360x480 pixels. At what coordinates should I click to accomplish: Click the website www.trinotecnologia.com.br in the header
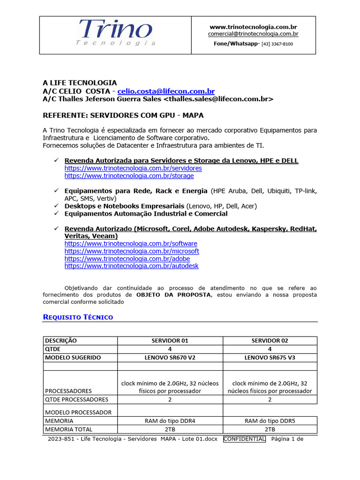click(x=253, y=27)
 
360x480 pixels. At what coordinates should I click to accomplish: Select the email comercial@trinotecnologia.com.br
click(x=253, y=34)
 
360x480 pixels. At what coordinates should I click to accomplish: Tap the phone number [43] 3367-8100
click(x=277, y=44)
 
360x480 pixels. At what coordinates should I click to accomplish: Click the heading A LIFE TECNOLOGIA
click(x=80, y=83)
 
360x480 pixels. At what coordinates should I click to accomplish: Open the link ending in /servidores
click(x=133, y=168)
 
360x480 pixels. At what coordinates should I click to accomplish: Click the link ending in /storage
click(x=129, y=176)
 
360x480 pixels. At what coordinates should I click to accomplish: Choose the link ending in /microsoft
click(x=132, y=251)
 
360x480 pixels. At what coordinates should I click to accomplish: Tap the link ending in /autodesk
click(x=131, y=266)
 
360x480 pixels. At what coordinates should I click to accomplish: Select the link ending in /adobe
click(x=127, y=259)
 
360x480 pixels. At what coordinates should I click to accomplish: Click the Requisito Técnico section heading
click(x=78, y=317)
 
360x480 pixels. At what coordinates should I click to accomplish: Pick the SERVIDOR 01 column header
click(x=170, y=341)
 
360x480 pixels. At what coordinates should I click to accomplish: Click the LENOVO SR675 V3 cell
click(x=270, y=358)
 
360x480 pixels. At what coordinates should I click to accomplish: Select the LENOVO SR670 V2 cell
click(x=170, y=358)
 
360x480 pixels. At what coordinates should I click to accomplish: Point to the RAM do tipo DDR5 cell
click(x=270, y=421)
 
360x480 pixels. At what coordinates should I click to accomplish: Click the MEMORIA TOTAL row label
click(x=68, y=429)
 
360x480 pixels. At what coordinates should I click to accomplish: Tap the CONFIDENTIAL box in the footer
click(x=244, y=439)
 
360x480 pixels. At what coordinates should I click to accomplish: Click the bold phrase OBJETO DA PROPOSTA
click(x=173, y=295)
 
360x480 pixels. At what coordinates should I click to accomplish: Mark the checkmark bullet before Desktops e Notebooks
click(x=55, y=206)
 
